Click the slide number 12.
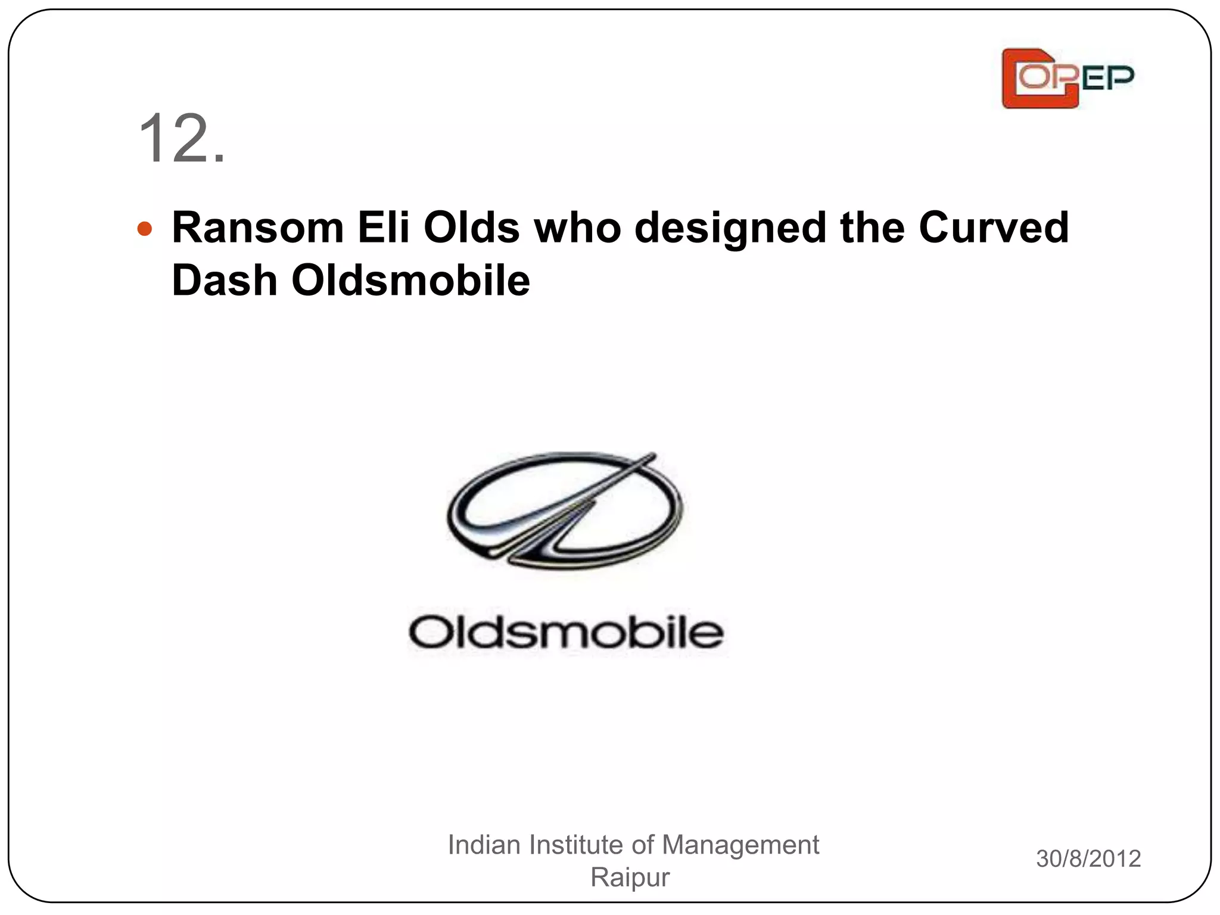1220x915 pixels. coord(182,139)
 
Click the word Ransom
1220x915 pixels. coord(258,228)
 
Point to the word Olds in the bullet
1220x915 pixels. coord(471,228)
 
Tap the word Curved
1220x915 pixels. coord(993,228)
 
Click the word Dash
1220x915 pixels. coord(225,281)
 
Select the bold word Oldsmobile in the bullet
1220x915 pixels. coord(410,281)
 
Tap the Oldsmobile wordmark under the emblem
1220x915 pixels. coord(566,633)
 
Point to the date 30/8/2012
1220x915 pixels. coord(1088,858)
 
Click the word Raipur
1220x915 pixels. coord(630,877)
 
